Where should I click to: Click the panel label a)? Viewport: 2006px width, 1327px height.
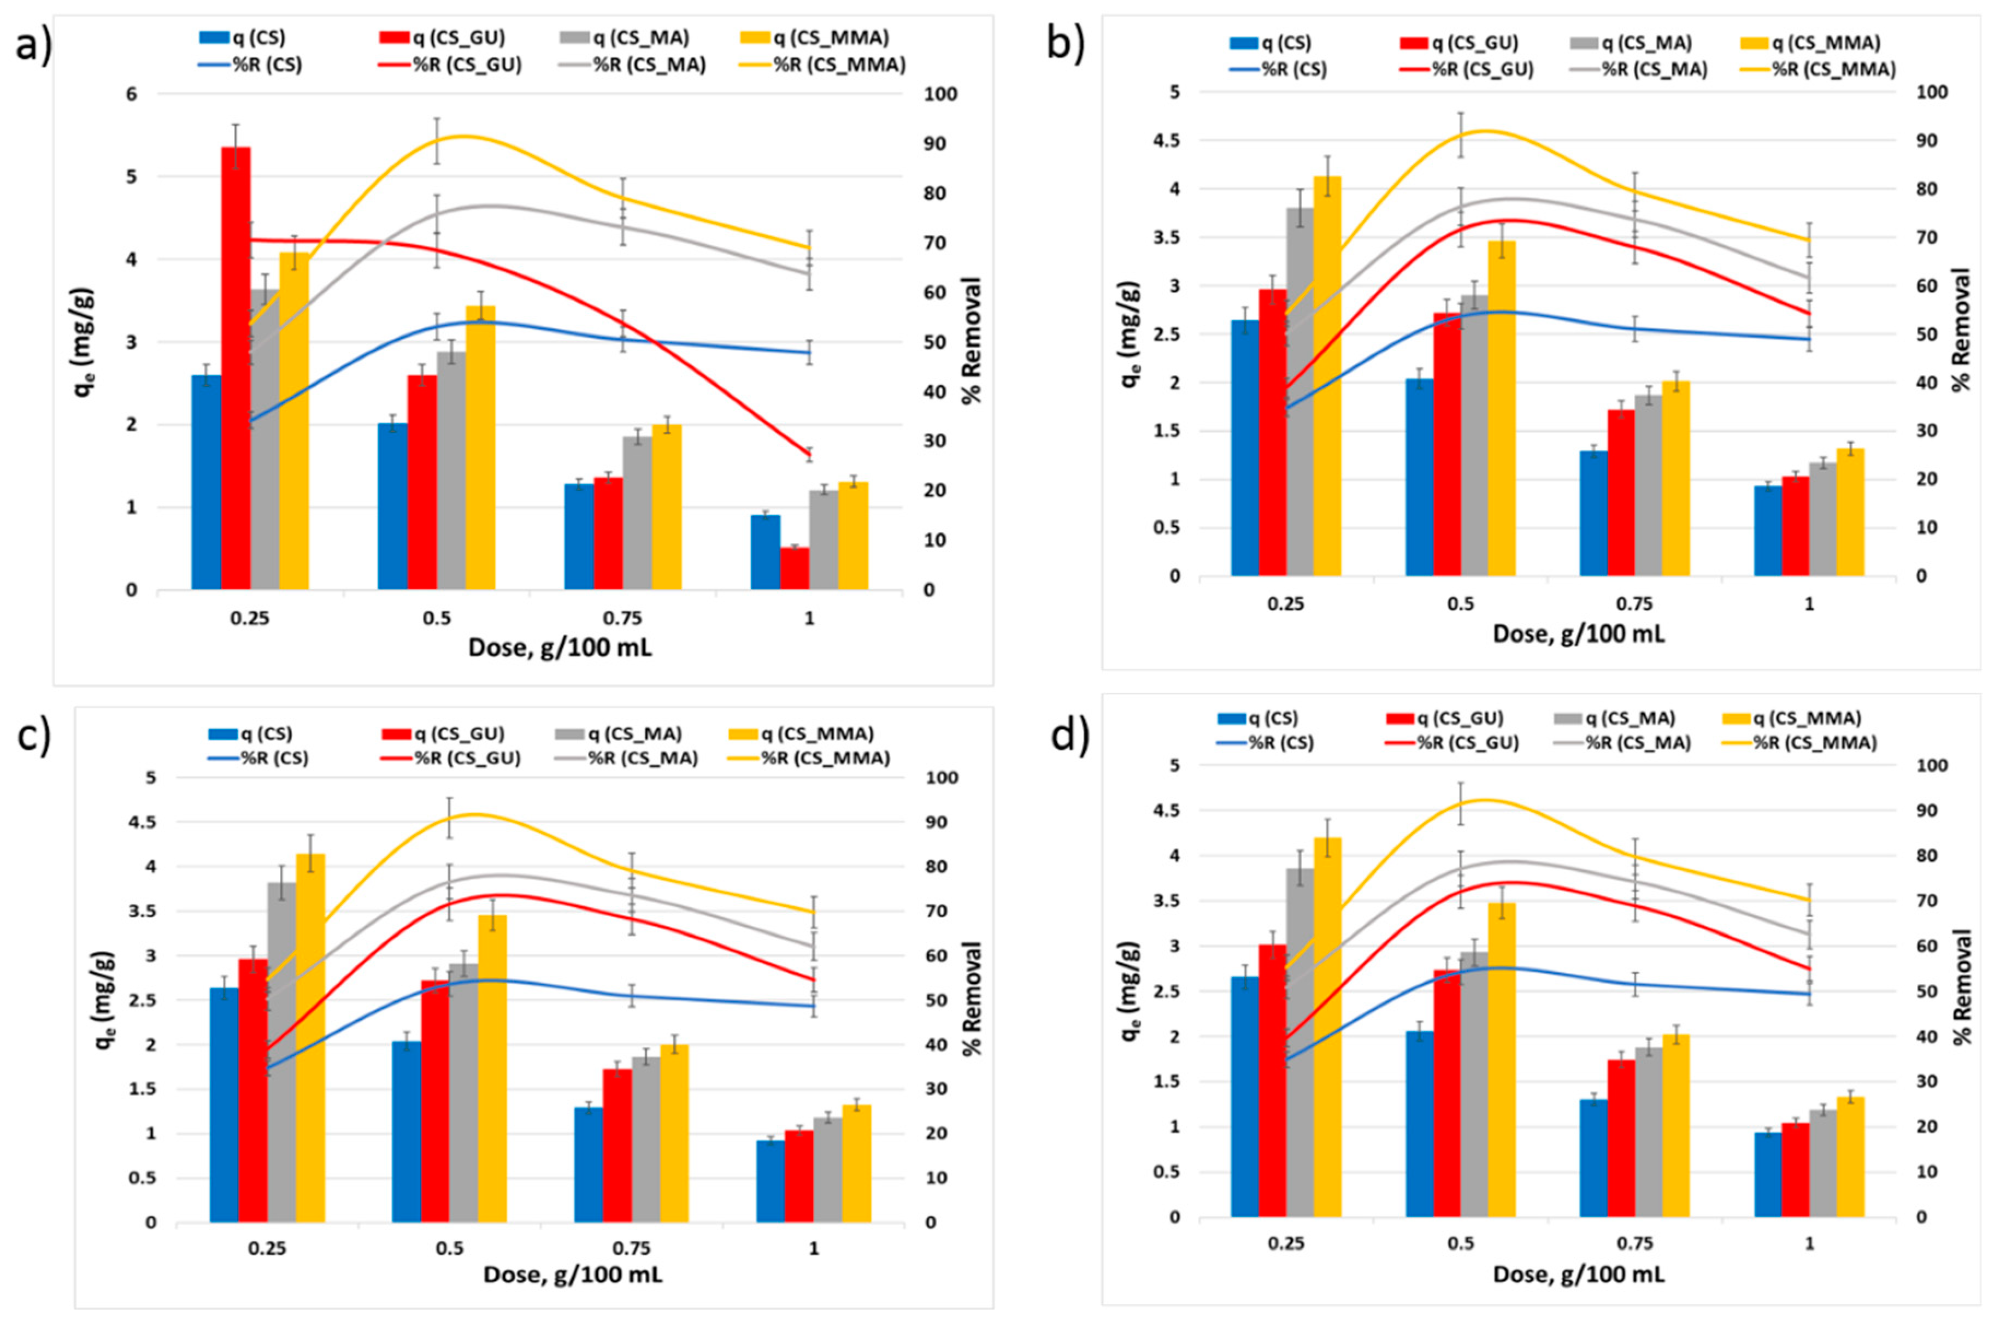(x=34, y=44)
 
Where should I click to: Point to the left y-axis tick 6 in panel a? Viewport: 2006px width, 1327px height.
(x=132, y=94)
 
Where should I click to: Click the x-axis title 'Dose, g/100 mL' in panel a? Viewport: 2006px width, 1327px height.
(x=560, y=648)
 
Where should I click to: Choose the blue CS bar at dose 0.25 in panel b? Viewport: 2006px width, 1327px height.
(x=1245, y=449)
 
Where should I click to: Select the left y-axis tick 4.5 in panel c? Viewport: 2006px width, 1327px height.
(x=145, y=822)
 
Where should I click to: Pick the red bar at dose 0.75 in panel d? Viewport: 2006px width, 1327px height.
(x=1621, y=1138)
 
